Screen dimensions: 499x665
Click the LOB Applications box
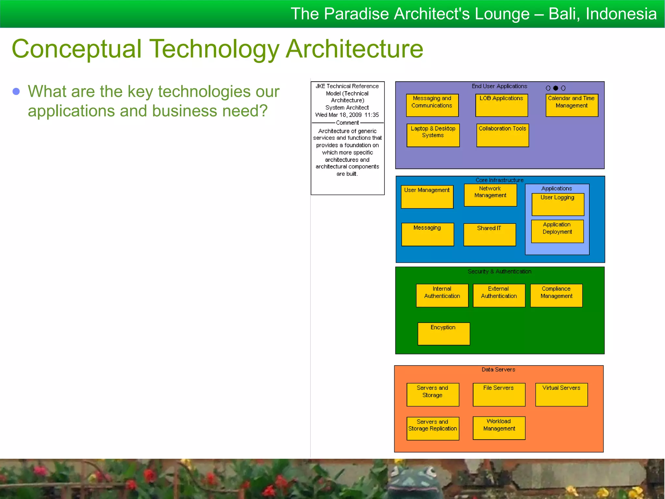[x=501, y=105]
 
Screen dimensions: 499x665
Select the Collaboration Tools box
[x=502, y=135]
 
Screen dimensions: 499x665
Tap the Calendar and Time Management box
[x=571, y=105]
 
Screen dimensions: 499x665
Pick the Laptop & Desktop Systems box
[x=433, y=135]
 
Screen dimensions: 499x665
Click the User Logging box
[x=558, y=204]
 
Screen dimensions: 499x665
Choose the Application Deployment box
[x=557, y=231]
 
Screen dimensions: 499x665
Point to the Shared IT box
[x=489, y=235]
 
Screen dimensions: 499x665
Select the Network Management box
[x=490, y=195]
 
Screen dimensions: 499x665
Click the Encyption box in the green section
[x=443, y=334]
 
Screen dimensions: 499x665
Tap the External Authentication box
[x=499, y=295]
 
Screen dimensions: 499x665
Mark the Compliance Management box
[x=556, y=295]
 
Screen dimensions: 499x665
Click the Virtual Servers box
[x=561, y=394]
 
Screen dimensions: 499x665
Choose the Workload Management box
[x=499, y=428]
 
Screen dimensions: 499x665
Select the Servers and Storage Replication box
[x=433, y=429]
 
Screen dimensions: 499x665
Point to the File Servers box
[x=499, y=394]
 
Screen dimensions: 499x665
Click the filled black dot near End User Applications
[x=556, y=88]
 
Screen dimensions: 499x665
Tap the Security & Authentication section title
[x=499, y=271]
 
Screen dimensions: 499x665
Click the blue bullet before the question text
[x=16, y=92]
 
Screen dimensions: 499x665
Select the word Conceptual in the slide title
[x=77, y=49]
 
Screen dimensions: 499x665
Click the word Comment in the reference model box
[x=347, y=123]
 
